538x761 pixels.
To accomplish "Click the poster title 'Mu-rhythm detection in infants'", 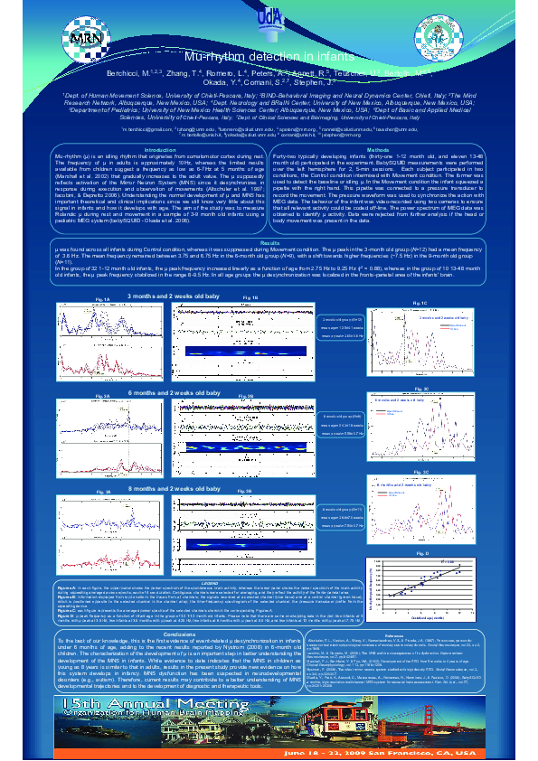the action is pyautogui.click(x=268, y=57).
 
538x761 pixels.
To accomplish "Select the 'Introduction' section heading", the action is pyautogui.click(x=160, y=149).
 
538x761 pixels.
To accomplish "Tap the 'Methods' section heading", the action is pyautogui.click(x=378, y=149).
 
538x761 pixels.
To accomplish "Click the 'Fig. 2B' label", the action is pyautogui.click(x=246, y=396).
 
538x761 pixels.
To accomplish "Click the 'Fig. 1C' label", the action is pyautogui.click(x=419, y=303).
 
